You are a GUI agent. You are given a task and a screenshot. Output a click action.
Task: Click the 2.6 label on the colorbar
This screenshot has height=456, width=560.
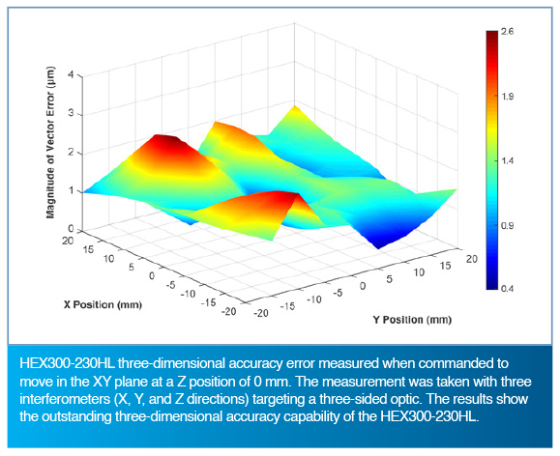point(507,32)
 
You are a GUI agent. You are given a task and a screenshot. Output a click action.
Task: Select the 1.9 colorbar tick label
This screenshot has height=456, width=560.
point(508,97)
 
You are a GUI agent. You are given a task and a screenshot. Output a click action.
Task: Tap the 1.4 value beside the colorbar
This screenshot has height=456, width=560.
point(508,161)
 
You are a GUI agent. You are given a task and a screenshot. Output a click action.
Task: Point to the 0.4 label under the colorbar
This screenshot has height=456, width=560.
point(507,288)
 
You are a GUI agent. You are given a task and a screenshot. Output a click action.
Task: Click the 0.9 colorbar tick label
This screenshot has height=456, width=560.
point(508,226)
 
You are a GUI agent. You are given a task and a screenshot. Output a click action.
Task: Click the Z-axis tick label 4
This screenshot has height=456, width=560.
point(71,75)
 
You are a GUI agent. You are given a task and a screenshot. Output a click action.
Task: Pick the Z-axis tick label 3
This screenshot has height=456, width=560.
point(71,113)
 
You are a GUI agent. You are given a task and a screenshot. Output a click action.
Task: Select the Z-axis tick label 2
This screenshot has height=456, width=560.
point(71,153)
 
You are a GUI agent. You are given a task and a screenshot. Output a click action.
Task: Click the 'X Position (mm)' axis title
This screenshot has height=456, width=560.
point(103,304)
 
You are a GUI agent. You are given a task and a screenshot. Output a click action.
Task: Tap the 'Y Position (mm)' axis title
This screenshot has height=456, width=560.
point(412,320)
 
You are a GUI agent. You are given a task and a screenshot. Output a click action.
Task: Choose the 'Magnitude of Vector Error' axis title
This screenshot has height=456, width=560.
point(51,142)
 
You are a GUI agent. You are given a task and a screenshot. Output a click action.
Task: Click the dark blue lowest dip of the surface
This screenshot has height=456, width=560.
point(378,245)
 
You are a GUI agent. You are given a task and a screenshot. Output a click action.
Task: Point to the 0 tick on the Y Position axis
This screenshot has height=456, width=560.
point(363,286)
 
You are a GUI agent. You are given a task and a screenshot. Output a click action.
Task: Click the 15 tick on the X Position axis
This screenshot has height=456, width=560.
point(89,248)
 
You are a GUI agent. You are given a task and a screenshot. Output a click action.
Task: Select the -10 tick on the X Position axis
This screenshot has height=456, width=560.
point(189,294)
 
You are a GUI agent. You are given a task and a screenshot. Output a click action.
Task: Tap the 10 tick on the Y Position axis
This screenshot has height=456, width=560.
point(420,272)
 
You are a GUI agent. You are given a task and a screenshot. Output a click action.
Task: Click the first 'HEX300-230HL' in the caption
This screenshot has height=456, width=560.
point(67,363)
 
